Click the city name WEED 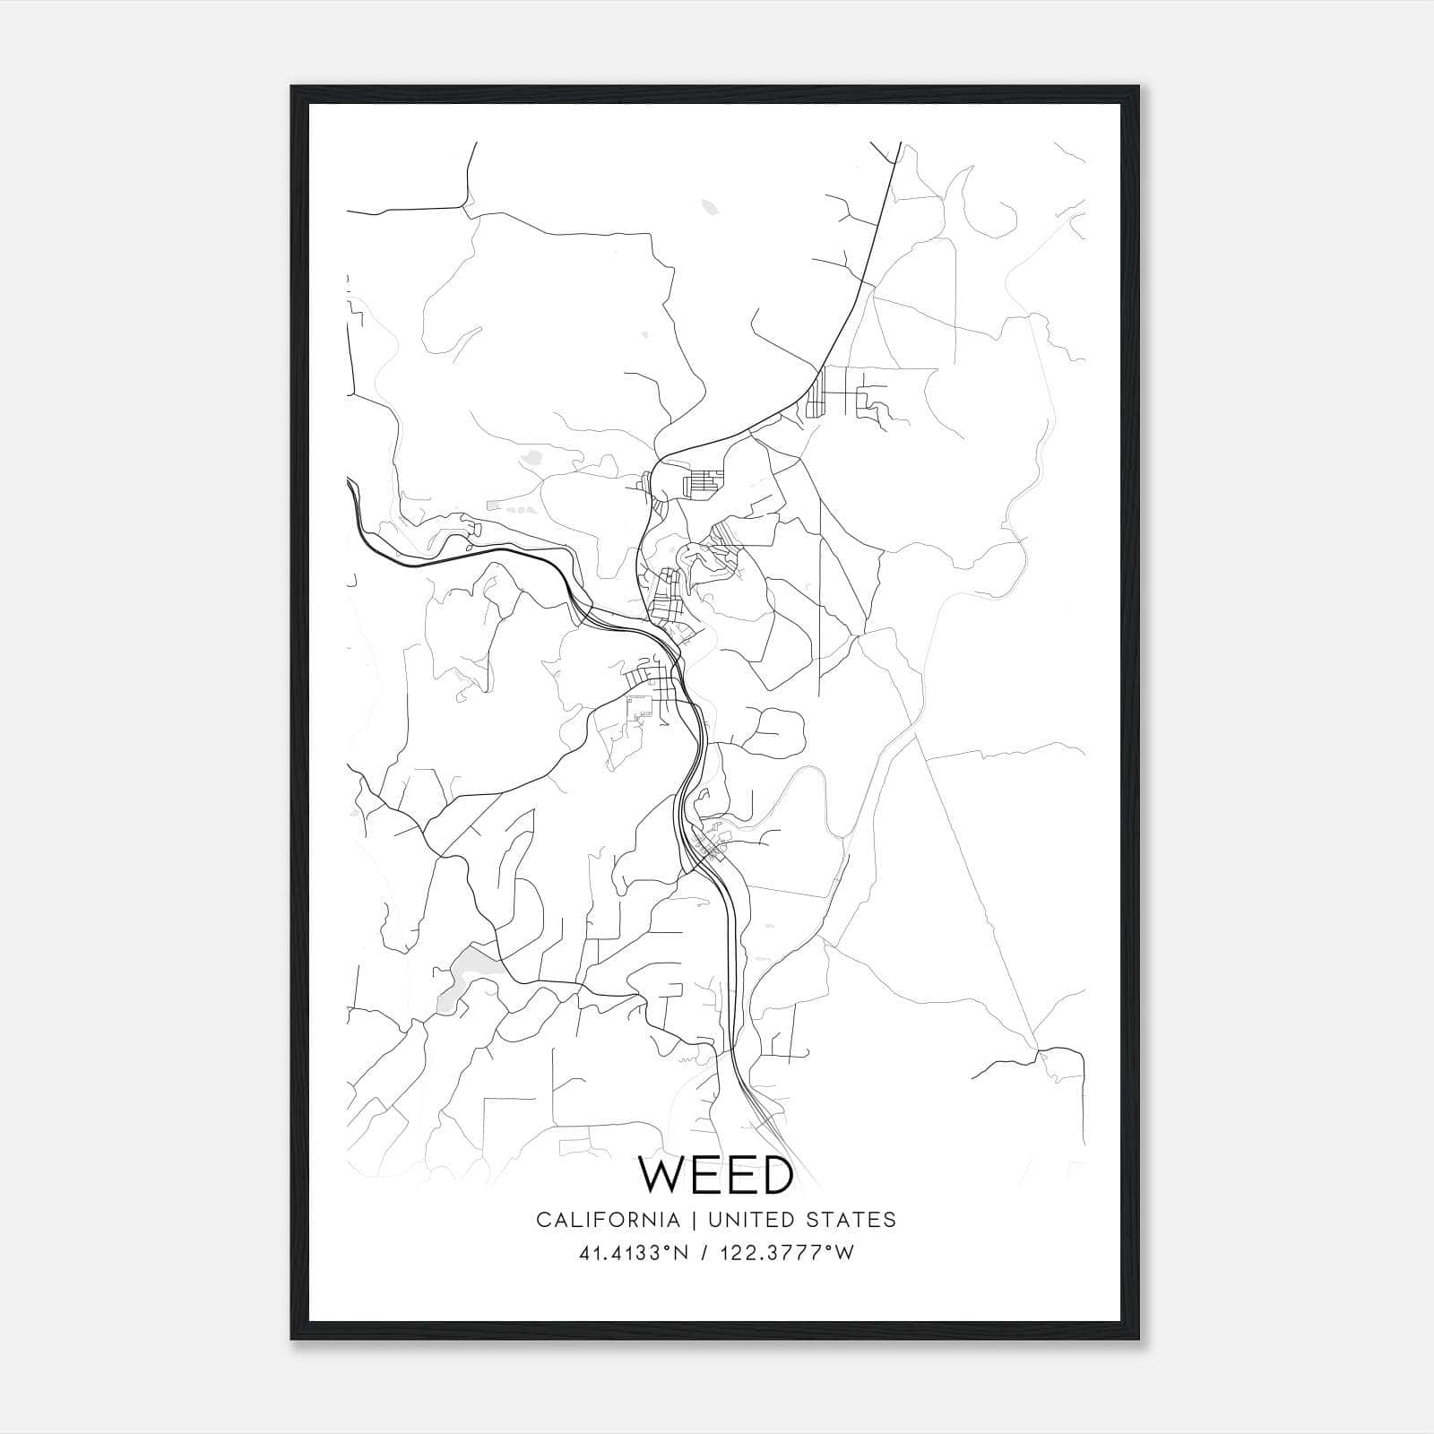pyautogui.click(x=715, y=1175)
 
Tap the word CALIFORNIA pyautogui.click(x=607, y=1220)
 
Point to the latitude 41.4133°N pyautogui.click(x=634, y=1253)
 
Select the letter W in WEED pyautogui.click(x=661, y=1175)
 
